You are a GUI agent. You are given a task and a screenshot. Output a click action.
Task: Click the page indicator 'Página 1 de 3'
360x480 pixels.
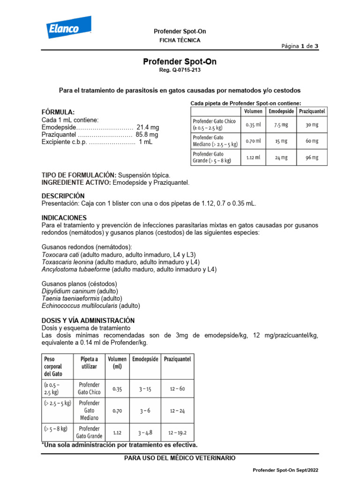pos(300,46)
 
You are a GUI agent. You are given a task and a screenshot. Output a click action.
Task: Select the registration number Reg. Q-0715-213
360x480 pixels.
pos(180,70)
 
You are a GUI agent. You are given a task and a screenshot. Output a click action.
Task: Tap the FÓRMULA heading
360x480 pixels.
pos(58,112)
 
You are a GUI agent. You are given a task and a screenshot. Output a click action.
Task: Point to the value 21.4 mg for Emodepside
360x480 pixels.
pos(148,127)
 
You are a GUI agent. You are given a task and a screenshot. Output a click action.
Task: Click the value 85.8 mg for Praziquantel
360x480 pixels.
pos(147,135)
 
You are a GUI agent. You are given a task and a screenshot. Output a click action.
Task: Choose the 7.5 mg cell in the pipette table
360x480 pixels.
pos(281,125)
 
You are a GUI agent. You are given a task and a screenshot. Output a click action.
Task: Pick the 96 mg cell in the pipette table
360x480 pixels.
pos(312,158)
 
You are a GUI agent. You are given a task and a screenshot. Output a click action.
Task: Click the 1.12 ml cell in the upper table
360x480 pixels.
pos(253,158)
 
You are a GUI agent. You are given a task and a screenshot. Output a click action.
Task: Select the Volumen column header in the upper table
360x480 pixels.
pos(253,112)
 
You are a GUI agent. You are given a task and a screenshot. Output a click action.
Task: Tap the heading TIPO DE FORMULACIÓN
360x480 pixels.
pos(79,175)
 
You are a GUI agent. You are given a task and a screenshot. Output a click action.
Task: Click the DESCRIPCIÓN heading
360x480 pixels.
pos(63,195)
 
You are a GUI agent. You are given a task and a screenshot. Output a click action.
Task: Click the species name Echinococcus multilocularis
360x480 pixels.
pos(79,306)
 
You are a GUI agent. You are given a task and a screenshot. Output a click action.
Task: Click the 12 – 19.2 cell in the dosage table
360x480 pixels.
pos(178,432)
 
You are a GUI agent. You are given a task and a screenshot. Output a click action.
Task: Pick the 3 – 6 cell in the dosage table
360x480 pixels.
pos(145,411)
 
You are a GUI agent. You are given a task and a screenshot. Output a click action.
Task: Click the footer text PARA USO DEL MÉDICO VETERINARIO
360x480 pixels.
pos(180,458)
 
